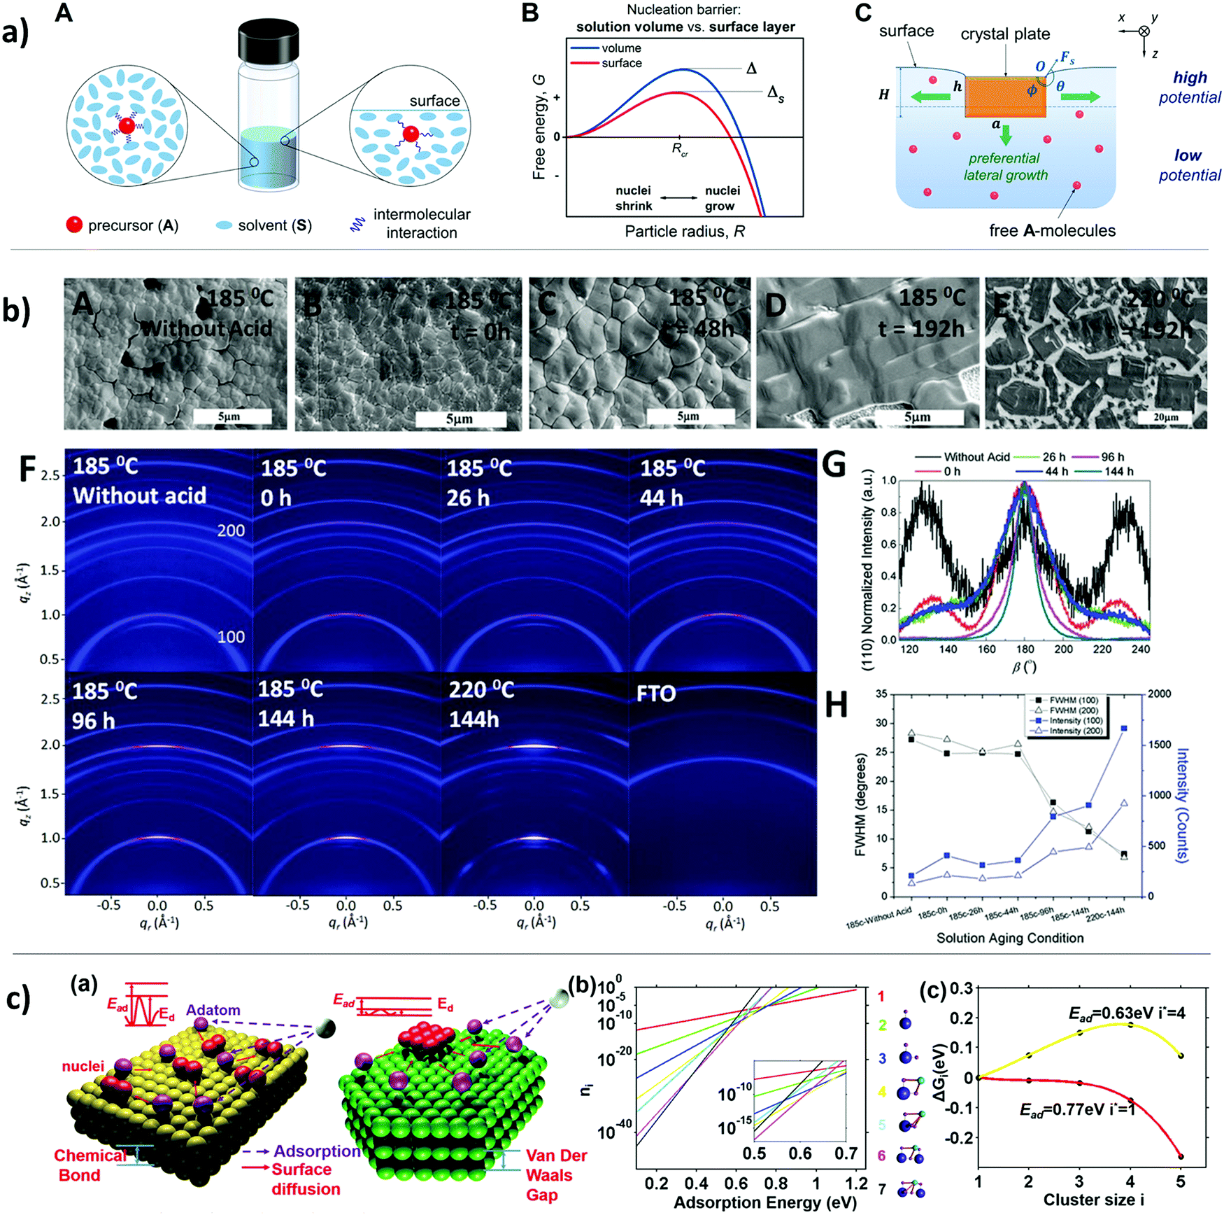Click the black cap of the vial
click(x=269, y=41)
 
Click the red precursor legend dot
click(x=74, y=225)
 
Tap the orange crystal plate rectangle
click(x=1005, y=97)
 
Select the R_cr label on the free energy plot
click(x=679, y=149)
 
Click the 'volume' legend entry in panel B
click(x=621, y=48)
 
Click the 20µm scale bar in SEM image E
click(x=1165, y=417)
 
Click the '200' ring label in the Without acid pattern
click(x=231, y=531)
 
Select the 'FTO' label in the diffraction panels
click(x=655, y=694)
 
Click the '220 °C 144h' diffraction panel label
click(x=481, y=704)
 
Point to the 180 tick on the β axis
click(x=1025, y=649)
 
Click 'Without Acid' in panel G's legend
click(x=976, y=457)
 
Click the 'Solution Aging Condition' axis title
click(x=1009, y=938)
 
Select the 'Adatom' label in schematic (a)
click(x=213, y=1010)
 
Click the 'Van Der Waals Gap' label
click(x=556, y=1175)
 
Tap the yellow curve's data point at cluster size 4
click(x=1130, y=1025)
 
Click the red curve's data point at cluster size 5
click(x=1181, y=1156)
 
